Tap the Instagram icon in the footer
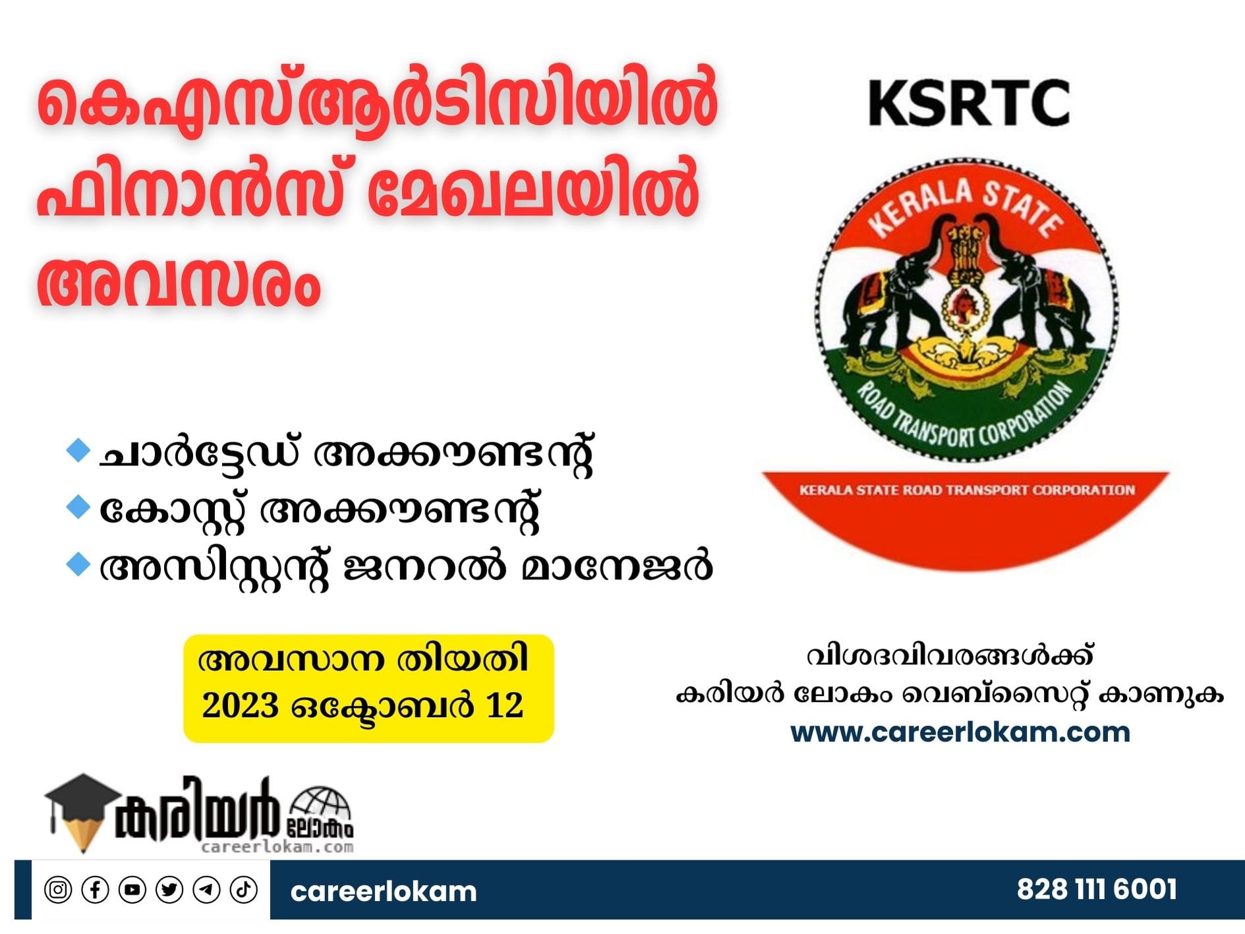click(x=58, y=890)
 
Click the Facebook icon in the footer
click(x=95, y=890)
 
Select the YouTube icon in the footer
click(x=132, y=890)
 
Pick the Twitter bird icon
click(x=169, y=890)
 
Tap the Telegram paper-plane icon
click(x=206, y=890)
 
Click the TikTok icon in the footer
click(x=243, y=890)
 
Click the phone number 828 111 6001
click(x=1097, y=889)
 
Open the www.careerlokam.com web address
click(x=960, y=732)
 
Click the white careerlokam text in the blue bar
click(x=383, y=891)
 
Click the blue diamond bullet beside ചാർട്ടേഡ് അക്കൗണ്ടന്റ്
click(x=78, y=451)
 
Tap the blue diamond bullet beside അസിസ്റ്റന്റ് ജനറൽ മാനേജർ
click(x=78, y=565)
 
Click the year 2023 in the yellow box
click(x=240, y=705)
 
